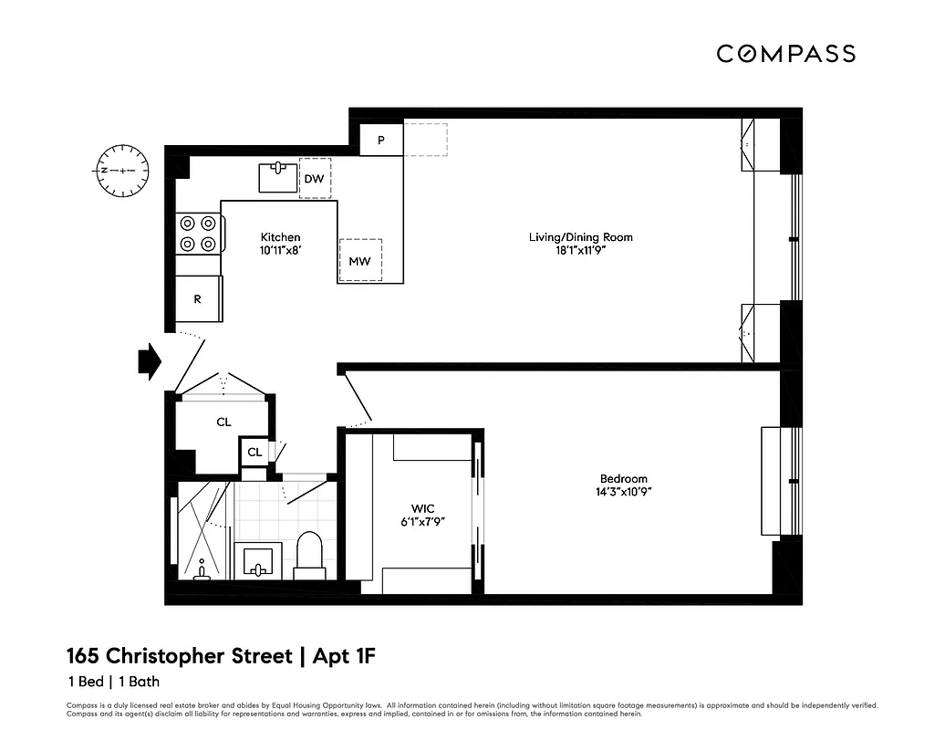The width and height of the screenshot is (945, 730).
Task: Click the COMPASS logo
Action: pyautogui.click(x=785, y=54)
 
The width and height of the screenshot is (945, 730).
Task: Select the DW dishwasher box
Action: pyautogui.click(x=315, y=179)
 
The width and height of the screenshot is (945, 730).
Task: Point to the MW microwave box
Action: pyautogui.click(x=359, y=261)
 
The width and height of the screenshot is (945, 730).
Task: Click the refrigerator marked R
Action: pyautogui.click(x=198, y=299)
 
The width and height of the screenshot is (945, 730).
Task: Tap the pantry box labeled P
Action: pyautogui.click(x=380, y=141)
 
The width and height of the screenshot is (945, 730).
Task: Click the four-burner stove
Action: pyautogui.click(x=199, y=233)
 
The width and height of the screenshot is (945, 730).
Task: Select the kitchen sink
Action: pyautogui.click(x=277, y=176)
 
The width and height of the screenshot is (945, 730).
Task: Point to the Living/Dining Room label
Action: pyautogui.click(x=580, y=237)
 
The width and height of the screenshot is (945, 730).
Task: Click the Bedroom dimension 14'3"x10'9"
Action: pyautogui.click(x=623, y=492)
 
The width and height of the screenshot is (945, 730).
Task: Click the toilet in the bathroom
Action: pyautogui.click(x=310, y=555)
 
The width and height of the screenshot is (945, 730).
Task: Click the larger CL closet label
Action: pyautogui.click(x=223, y=422)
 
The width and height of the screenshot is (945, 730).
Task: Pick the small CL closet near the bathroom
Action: pyautogui.click(x=255, y=452)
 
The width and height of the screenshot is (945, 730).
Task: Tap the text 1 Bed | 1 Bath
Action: pyautogui.click(x=113, y=682)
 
